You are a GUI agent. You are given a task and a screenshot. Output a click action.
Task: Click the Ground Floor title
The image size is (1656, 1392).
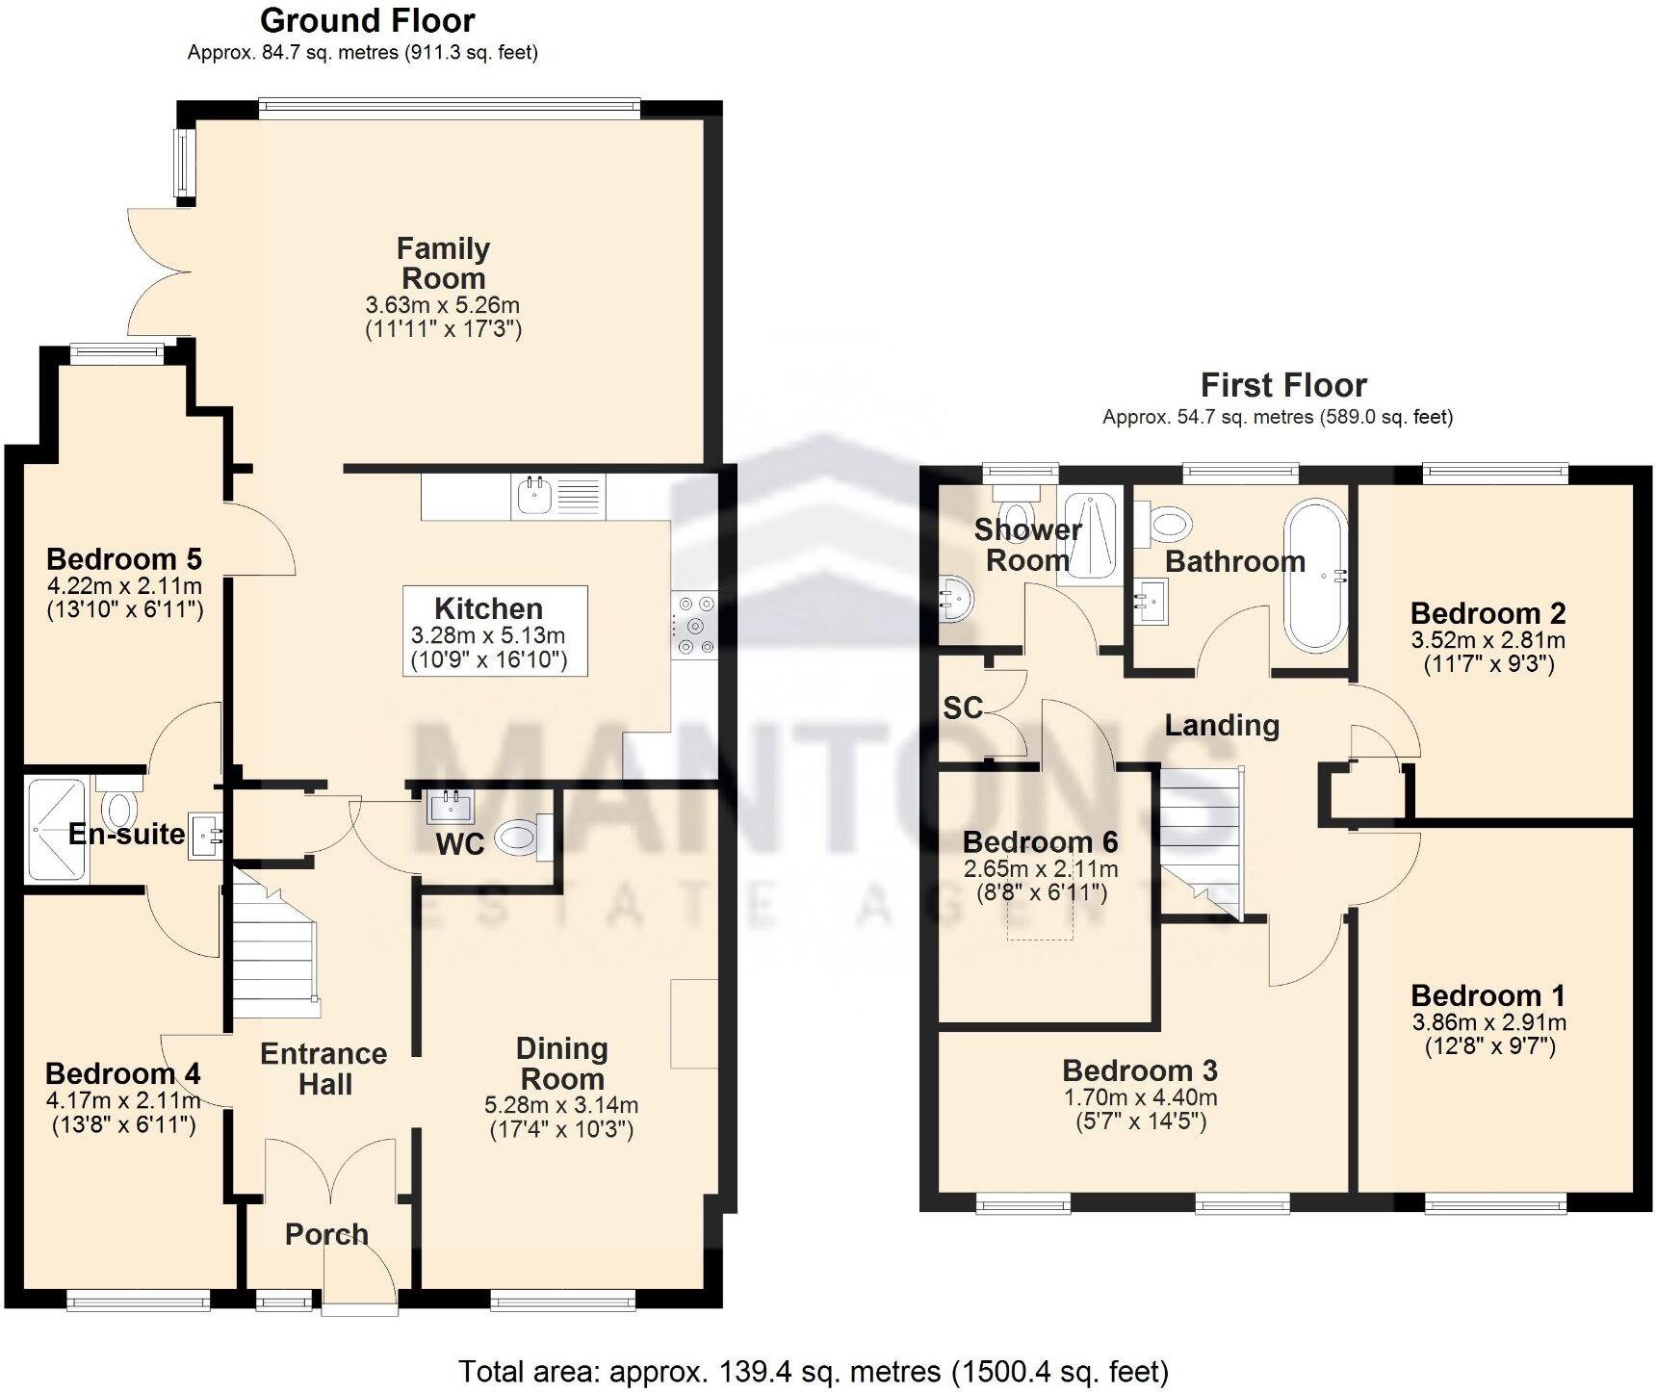tap(367, 20)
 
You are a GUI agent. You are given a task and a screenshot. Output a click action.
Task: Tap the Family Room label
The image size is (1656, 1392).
tap(443, 263)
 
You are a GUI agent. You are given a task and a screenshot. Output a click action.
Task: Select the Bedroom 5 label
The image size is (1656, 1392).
tap(124, 558)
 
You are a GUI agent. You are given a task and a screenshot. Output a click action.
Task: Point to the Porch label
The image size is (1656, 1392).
tap(326, 1234)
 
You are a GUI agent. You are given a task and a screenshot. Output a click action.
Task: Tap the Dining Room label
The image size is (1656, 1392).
tap(561, 1063)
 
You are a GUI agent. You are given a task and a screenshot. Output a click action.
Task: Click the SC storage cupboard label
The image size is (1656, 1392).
tap(962, 708)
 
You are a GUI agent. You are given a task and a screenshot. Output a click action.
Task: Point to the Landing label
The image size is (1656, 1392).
tap(1222, 725)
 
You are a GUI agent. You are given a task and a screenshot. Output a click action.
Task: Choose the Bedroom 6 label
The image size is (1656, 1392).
tap(1040, 841)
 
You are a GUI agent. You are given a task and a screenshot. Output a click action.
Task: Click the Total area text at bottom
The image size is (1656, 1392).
tap(814, 1371)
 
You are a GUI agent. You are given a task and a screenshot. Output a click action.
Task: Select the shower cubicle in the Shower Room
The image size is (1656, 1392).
tap(1091, 535)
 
